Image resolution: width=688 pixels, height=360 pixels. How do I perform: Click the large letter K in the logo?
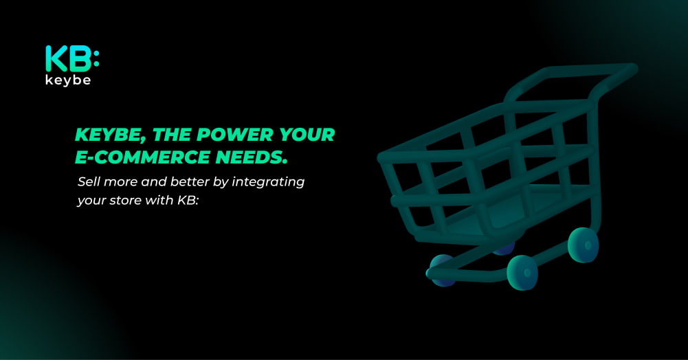pyautogui.click(x=56, y=59)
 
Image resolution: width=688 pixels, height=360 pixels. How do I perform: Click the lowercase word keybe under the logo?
pyautogui.click(x=68, y=80)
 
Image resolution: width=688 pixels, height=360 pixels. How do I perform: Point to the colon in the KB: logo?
pyautogui.click(x=96, y=59)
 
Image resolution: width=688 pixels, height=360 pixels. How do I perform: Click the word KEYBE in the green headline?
pyautogui.click(x=110, y=135)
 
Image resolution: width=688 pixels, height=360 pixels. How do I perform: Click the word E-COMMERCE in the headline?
pyautogui.click(x=142, y=157)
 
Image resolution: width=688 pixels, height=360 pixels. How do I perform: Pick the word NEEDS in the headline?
pyautogui.click(x=252, y=157)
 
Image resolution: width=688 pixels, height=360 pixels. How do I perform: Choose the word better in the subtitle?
pyautogui.click(x=190, y=181)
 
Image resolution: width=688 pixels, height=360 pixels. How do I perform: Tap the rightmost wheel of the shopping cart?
pyautogui.click(x=583, y=245)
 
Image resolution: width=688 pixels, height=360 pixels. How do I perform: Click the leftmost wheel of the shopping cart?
pyautogui.click(x=441, y=271)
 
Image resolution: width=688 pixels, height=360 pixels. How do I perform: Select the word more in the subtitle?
pyautogui.click(x=121, y=182)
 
